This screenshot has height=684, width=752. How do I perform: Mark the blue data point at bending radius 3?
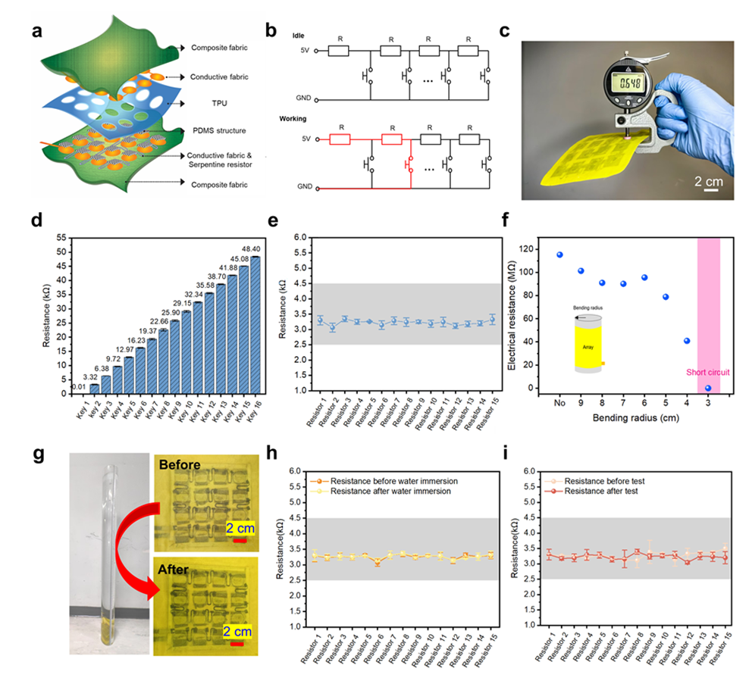pos(707,388)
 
